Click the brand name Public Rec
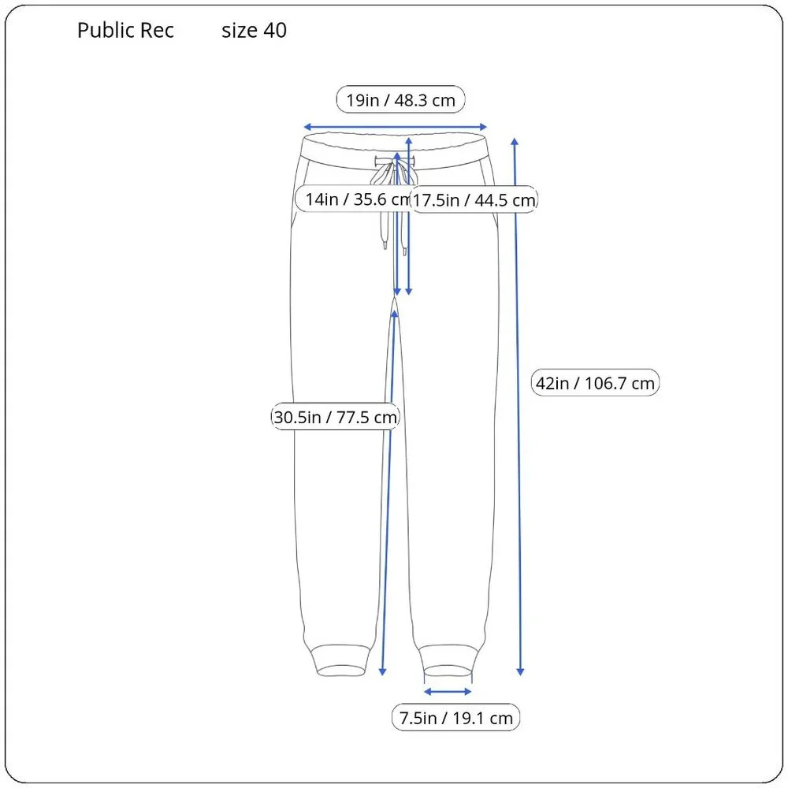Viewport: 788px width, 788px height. [x=125, y=31]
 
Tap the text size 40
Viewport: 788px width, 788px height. [x=254, y=31]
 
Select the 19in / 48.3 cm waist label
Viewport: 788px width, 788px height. [x=400, y=100]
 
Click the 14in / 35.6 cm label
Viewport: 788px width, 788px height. [x=359, y=199]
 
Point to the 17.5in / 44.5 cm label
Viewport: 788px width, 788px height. [x=474, y=200]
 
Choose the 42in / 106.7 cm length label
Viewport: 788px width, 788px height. [x=595, y=383]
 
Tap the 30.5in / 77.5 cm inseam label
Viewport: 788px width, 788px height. [x=335, y=417]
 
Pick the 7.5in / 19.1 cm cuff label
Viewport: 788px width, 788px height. [x=455, y=718]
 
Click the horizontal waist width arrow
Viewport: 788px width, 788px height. [x=396, y=127]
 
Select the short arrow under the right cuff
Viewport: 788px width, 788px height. [x=448, y=692]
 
